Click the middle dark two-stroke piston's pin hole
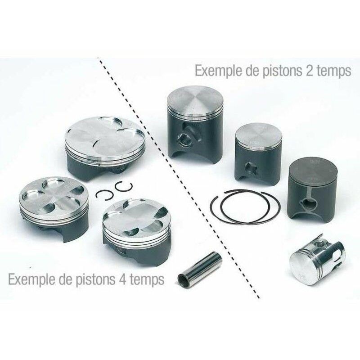pos(249,170)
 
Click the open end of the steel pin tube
pos(184,279)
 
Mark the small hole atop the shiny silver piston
pos(321,243)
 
